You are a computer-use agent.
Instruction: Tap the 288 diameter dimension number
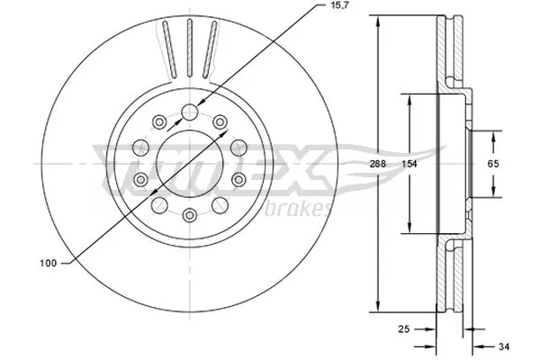(x=378, y=164)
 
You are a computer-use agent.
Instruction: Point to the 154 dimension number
(x=409, y=164)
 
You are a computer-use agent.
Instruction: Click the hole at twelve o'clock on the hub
(x=190, y=112)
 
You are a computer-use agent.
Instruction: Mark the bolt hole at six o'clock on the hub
(x=190, y=215)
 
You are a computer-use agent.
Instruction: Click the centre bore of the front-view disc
(x=190, y=164)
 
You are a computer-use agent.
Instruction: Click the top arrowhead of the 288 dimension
(x=377, y=20)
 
